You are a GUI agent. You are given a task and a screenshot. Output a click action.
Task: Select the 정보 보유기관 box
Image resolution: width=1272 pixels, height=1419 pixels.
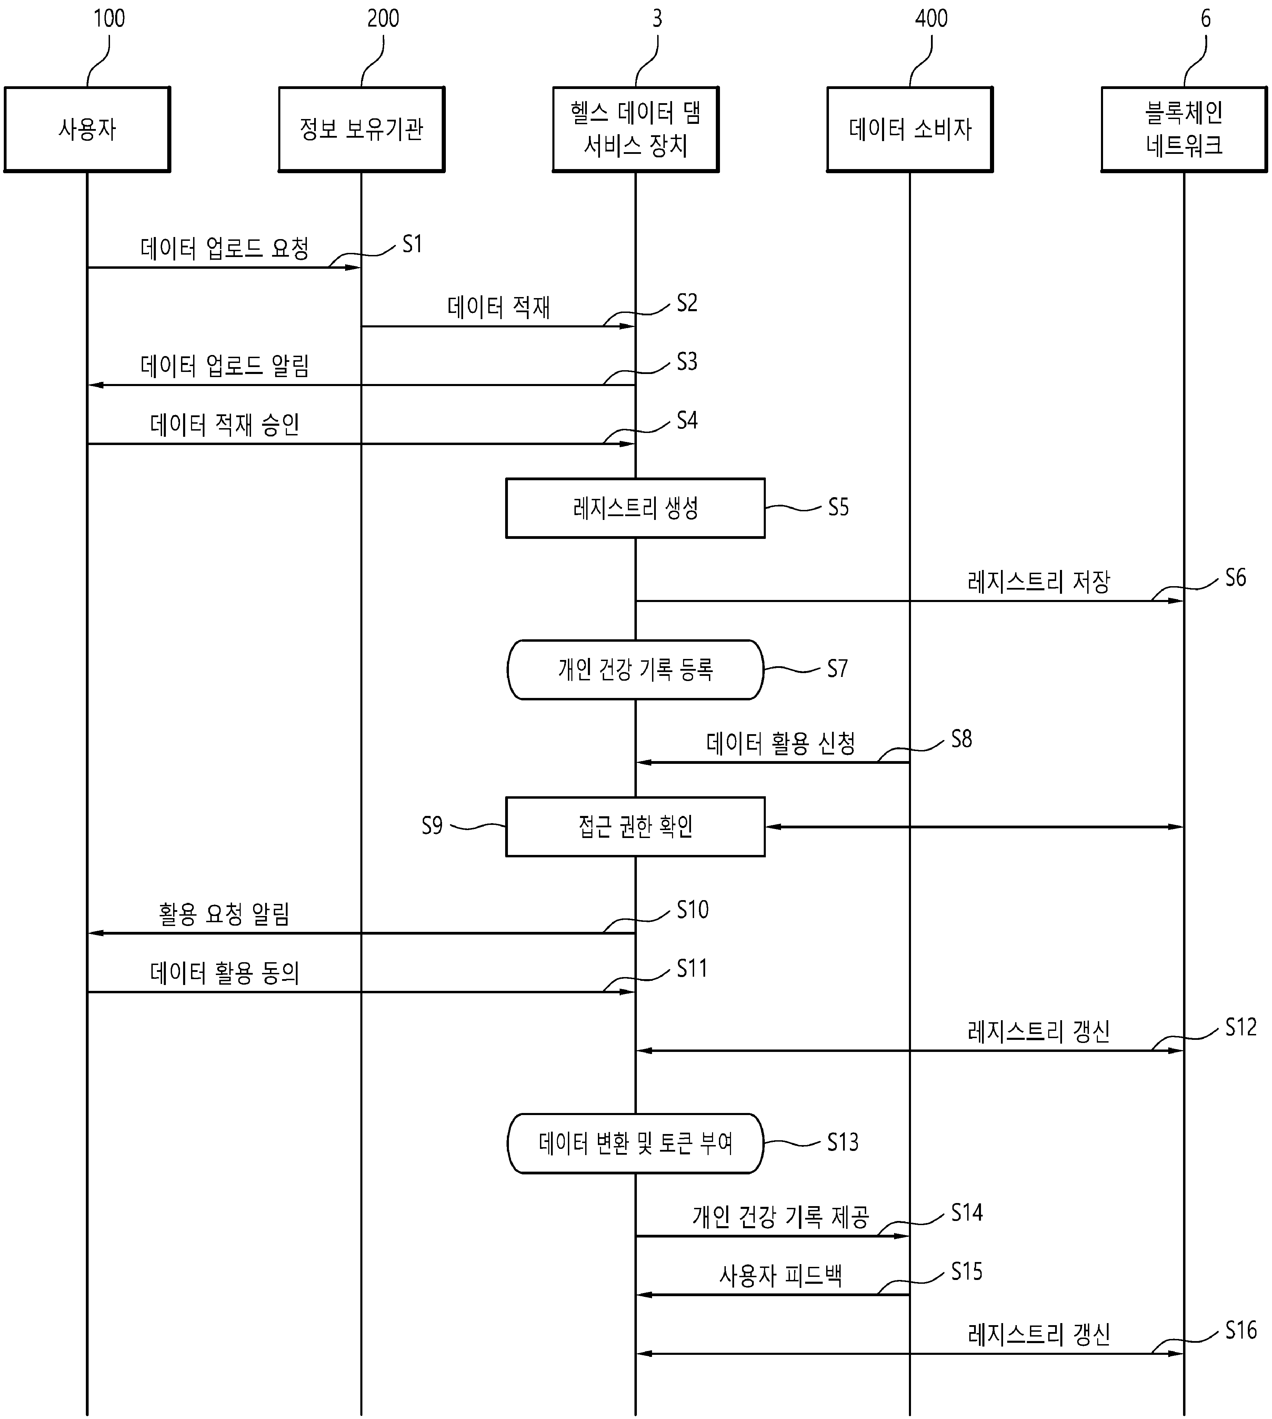(x=361, y=129)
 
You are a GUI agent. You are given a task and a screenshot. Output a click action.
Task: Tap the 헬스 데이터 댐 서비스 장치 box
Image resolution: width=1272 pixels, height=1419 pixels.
(x=635, y=129)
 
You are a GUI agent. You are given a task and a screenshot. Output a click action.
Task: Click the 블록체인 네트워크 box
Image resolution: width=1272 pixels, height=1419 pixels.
(x=1184, y=129)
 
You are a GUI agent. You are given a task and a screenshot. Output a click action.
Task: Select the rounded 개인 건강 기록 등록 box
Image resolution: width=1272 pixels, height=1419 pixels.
(x=635, y=669)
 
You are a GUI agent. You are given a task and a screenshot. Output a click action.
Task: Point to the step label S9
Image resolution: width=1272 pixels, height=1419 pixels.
(x=432, y=826)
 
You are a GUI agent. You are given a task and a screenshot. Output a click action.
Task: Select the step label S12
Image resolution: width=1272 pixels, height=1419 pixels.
(x=1241, y=1027)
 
